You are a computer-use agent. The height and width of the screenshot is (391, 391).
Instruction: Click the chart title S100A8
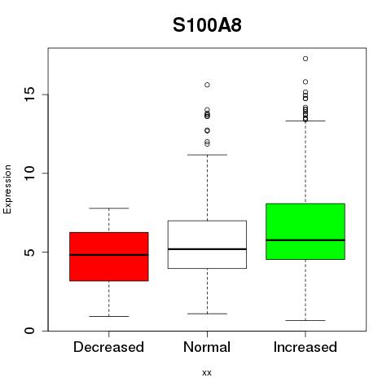point(207,25)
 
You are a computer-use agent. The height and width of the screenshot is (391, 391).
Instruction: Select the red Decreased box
point(109,257)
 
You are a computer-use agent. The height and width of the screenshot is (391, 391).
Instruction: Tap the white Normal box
point(207,244)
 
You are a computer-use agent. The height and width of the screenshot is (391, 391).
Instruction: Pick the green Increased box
point(305,231)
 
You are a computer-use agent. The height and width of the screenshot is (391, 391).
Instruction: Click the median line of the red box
point(109,255)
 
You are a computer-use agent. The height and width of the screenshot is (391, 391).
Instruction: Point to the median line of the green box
point(305,240)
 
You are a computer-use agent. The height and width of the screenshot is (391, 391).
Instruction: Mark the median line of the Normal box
point(207,249)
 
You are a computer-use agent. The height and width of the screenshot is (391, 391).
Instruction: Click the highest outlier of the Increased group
point(305,59)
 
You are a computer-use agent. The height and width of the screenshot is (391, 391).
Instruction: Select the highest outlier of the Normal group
point(207,85)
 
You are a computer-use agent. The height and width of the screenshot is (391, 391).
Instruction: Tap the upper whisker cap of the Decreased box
point(109,209)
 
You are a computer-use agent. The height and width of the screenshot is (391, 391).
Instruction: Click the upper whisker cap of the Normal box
point(207,155)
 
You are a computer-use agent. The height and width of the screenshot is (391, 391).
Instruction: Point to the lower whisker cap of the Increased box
point(305,320)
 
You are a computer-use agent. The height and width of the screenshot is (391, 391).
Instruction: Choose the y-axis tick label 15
point(30,94)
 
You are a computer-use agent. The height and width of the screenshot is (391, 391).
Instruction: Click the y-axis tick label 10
point(30,174)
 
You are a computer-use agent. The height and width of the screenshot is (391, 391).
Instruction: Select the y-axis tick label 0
point(30,331)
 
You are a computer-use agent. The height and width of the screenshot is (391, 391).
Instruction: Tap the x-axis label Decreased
point(108,347)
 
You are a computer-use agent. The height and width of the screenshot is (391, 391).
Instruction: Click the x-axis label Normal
point(207,347)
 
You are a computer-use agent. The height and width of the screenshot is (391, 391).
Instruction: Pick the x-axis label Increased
point(305,347)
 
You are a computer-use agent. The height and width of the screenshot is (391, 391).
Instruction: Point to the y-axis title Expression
point(7,189)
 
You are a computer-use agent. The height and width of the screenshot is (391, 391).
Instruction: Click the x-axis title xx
point(207,373)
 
